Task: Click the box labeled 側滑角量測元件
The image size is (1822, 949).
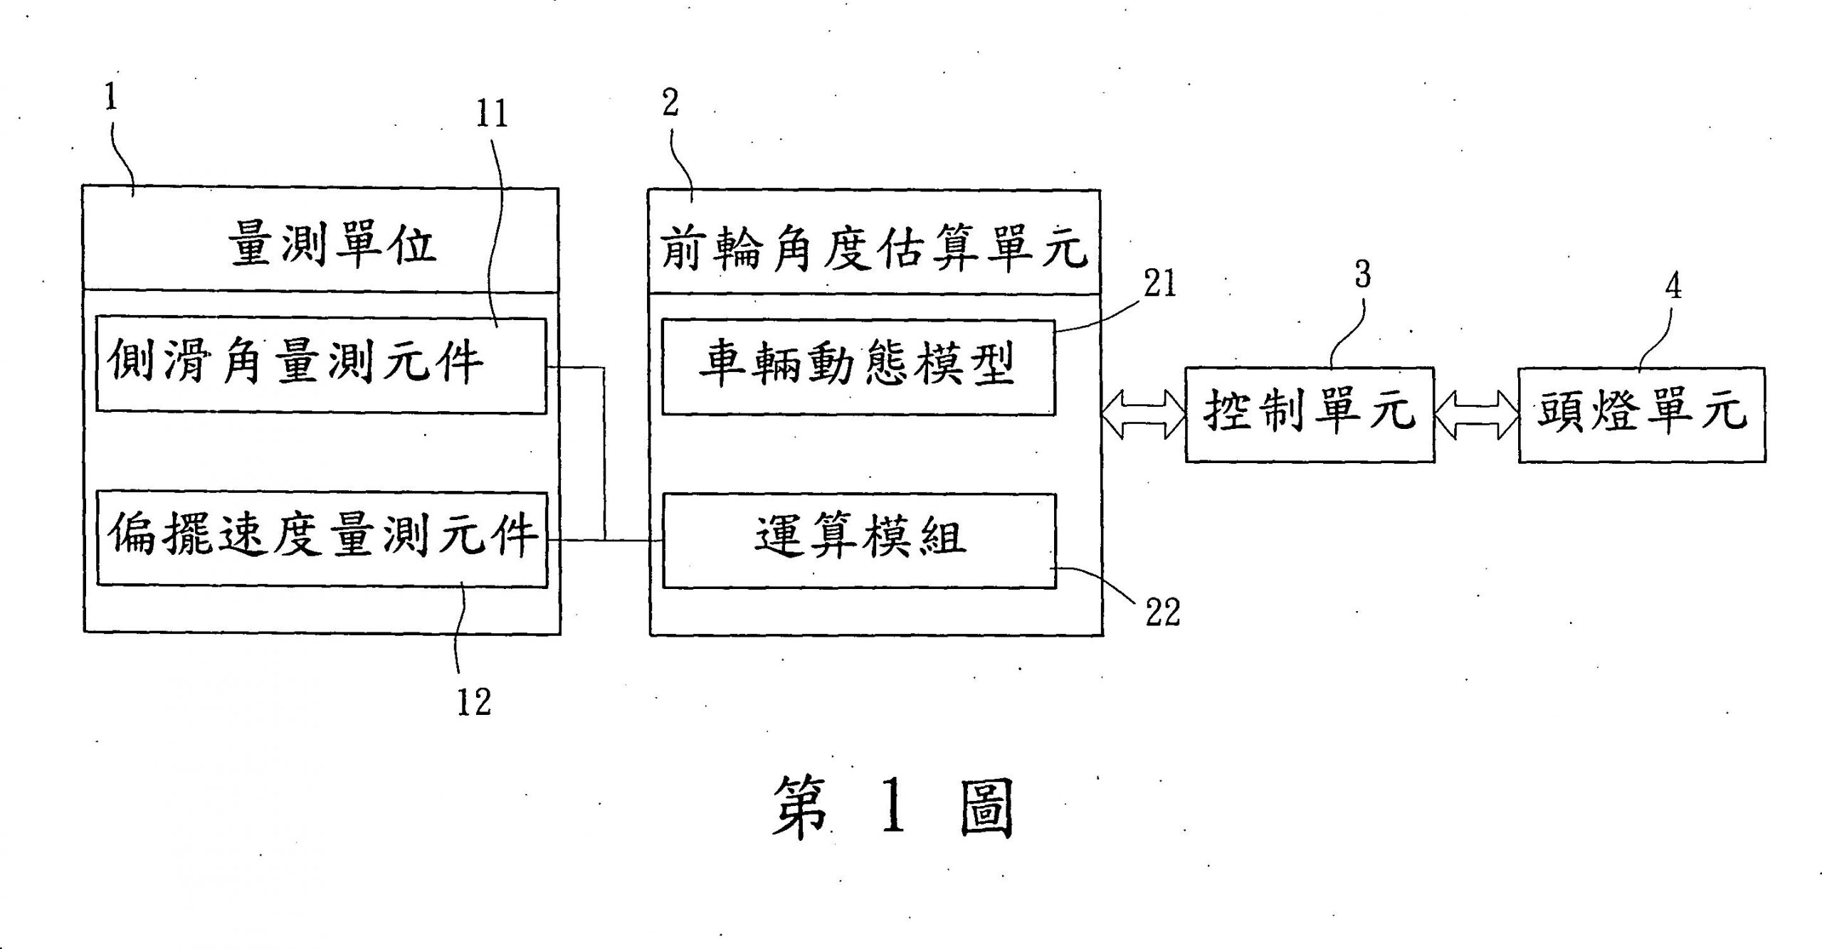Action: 321,366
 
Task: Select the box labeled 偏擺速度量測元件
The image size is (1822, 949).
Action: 322,539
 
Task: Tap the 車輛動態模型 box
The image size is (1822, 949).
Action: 858,367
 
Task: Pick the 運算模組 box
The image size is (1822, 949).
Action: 859,541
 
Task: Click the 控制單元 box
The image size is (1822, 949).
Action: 1309,415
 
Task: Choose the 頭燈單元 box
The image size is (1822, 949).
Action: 1641,415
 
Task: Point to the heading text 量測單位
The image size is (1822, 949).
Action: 332,246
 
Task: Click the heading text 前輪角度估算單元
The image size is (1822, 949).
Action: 874,249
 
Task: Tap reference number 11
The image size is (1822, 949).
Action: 492,114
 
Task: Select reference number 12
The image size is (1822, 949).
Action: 473,702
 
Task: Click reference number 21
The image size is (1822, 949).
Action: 1160,285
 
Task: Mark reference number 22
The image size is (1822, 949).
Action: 1162,612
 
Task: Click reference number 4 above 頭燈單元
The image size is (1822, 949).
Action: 1673,286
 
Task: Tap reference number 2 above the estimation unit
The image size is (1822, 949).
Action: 670,104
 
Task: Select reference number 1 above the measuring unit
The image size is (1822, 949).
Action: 110,97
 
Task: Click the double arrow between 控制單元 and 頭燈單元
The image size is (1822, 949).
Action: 1476,415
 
